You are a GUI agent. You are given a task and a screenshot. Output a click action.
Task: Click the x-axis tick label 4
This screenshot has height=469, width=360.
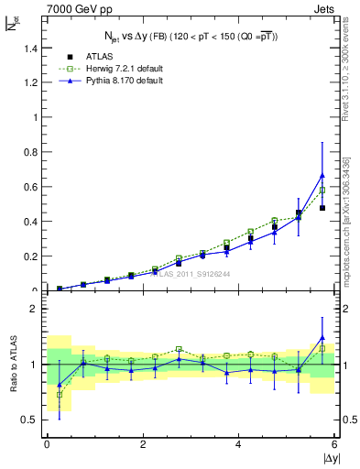[239, 444]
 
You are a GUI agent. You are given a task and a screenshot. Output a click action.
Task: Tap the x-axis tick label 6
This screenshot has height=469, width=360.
[334, 444]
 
